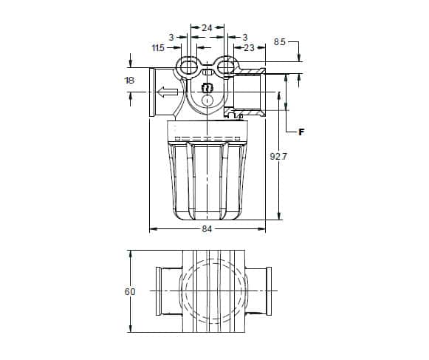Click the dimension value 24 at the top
tap(207, 27)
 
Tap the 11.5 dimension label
tap(158, 48)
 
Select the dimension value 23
tap(249, 48)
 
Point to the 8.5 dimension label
tap(280, 42)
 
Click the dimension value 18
tap(129, 81)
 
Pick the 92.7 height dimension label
tap(278, 157)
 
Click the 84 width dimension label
tap(207, 229)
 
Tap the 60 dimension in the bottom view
tap(130, 292)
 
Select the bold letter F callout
tap(301, 132)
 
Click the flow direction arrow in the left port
tap(167, 92)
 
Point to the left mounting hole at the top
tap(188, 67)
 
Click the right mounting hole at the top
tap(225, 67)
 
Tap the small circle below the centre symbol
tap(207, 100)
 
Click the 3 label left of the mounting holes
tap(171, 37)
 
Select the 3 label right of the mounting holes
tap(245, 37)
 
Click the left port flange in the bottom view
tap(158, 291)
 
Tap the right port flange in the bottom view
tap(269, 291)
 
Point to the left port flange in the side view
tap(152, 92)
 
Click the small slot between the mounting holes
tap(207, 73)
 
